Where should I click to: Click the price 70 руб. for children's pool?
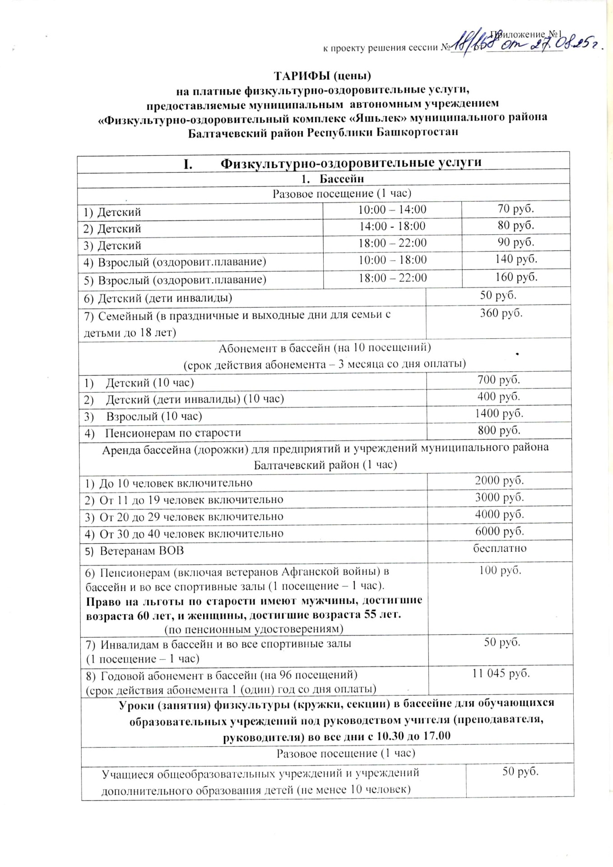click(515, 209)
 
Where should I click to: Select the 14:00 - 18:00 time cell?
click(392, 226)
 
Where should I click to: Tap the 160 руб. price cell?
click(516, 277)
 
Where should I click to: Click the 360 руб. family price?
click(501, 313)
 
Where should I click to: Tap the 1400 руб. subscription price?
click(499, 413)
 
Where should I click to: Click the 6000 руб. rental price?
click(499, 531)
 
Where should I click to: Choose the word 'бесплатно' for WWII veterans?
click(500, 549)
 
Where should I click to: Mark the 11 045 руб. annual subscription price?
click(501, 673)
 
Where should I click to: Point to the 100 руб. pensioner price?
click(500, 570)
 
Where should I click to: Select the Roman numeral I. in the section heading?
click(188, 163)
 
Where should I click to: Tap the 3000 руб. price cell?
click(499, 498)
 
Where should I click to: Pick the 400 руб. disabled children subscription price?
click(498, 396)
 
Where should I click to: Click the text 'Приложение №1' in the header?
click(526, 34)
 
